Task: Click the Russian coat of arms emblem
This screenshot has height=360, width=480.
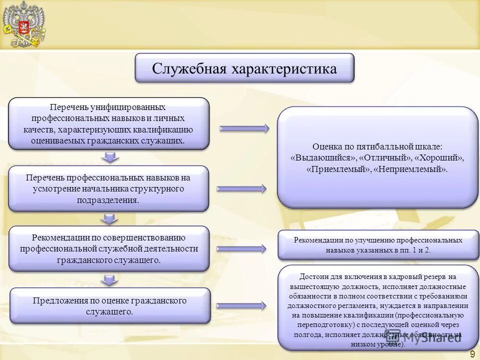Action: coord(23,24)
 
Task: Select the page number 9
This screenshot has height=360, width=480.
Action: coord(472,354)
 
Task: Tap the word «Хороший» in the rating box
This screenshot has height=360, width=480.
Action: coord(439,157)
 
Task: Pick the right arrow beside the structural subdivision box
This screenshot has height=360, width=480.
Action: coord(241,188)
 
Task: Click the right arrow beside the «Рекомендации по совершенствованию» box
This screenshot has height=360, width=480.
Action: coord(242,248)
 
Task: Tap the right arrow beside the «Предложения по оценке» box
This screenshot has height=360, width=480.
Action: coord(242,305)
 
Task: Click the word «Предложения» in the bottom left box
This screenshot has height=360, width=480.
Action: coord(57,300)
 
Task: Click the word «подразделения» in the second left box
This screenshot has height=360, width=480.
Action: coord(107,200)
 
